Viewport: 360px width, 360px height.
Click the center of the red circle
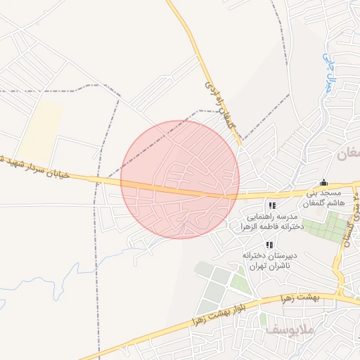click(180, 179)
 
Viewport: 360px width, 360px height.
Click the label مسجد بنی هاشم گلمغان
click(323, 198)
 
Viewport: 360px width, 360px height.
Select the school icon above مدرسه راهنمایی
click(271, 205)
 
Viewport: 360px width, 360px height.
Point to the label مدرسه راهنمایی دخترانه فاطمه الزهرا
click(272, 221)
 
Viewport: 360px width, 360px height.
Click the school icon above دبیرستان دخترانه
click(269, 245)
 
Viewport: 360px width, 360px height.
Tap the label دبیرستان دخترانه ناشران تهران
click(268, 261)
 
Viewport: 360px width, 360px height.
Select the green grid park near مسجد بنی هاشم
click(330, 227)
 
